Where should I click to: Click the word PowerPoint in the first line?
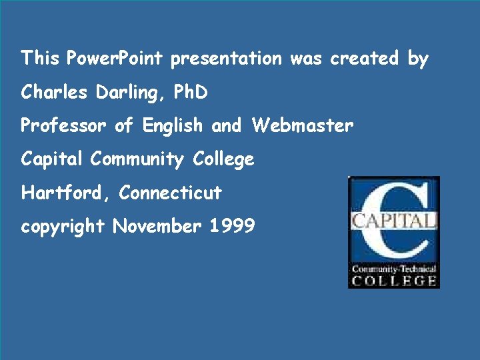pos(114,59)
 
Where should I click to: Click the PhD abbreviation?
pos(191,92)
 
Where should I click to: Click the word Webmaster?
pos(303,125)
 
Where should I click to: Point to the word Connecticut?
pos(170,193)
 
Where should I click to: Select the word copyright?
pos(63,227)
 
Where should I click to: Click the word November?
pos(157,227)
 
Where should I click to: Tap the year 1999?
pos(232,227)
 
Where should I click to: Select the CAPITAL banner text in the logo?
pos(393,221)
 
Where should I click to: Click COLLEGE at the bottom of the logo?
pos(394,281)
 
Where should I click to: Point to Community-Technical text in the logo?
pos(394,269)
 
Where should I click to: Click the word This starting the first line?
pos(40,59)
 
